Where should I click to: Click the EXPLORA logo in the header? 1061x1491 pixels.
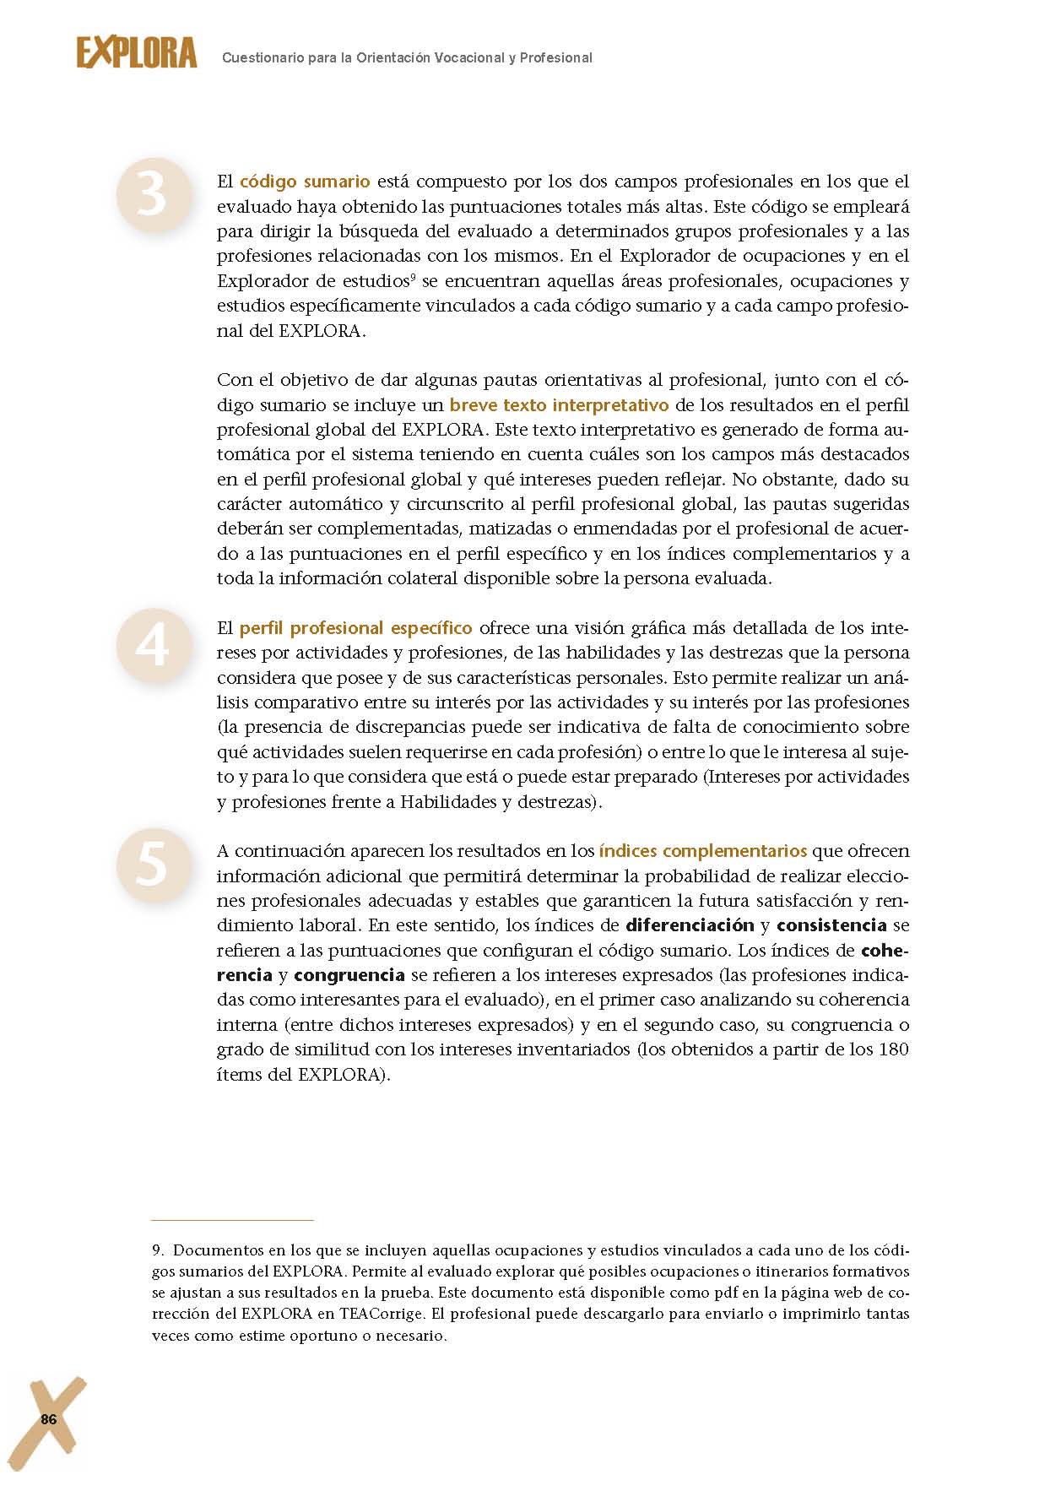point(137,53)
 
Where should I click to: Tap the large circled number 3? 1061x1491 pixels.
point(153,195)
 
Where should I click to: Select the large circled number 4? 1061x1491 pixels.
point(153,645)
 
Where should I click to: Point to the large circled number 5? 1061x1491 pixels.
point(153,865)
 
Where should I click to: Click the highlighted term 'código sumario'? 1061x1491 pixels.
point(305,182)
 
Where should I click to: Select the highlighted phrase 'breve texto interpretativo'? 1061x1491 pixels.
point(559,404)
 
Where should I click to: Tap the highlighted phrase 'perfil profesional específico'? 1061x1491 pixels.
point(355,628)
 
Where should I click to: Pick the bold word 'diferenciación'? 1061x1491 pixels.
point(690,925)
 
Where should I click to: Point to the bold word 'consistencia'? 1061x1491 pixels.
point(831,925)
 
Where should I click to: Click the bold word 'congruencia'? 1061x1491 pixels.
point(349,975)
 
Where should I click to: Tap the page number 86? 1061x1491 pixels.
point(49,1420)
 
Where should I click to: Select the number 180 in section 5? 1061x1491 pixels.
point(893,1049)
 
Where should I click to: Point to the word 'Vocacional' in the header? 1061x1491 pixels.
point(461,58)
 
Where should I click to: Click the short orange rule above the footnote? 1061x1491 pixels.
point(232,1220)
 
